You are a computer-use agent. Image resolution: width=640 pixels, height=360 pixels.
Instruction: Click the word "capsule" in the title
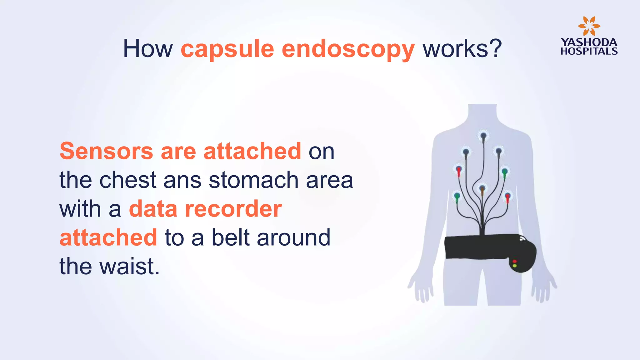pyautogui.click(x=227, y=49)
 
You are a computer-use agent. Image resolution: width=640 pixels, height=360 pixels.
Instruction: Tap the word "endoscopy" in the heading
pyautogui.click(x=348, y=49)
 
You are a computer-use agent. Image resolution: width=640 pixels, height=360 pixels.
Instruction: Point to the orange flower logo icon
pyautogui.click(x=589, y=26)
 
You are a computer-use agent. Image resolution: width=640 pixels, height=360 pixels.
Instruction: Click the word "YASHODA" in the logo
pyautogui.click(x=589, y=42)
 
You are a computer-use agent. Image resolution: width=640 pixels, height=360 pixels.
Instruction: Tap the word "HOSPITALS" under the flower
pyautogui.click(x=589, y=51)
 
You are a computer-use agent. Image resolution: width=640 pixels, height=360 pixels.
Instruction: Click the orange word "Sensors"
pyautogui.click(x=106, y=151)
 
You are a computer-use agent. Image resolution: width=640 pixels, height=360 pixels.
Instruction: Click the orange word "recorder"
pyautogui.click(x=233, y=209)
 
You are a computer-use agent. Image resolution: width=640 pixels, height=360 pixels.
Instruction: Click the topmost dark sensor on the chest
pyautogui.click(x=483, y=136)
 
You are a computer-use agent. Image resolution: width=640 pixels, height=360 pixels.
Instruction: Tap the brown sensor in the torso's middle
pyautogui.click(x=482, y=188)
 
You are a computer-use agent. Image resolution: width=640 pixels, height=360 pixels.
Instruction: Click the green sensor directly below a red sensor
pyautogui.click(x=457, y=196)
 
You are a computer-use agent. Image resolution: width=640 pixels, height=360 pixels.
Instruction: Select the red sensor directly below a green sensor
pyautogui.click(x=507, y=197)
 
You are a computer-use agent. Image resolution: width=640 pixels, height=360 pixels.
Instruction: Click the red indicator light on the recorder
pyautogui.click(x=514, y=261)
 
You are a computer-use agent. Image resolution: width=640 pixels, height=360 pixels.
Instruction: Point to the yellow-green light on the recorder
pyautogui.click(x=514, y=266)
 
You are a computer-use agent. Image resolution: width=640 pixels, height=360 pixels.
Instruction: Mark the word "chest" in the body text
pyautogui.click(x=128, y=180)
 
